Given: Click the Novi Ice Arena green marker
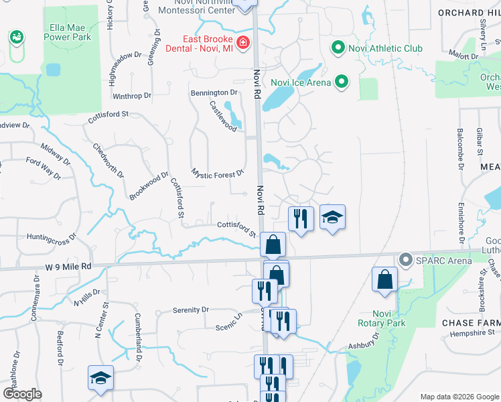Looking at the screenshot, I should [342, 82].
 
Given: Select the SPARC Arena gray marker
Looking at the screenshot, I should [405, 259].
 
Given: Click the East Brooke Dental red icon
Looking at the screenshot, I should [242, 44].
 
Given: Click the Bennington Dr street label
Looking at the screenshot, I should [214, 92].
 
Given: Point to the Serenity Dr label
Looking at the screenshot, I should [190, 310].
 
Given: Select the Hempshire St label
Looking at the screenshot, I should [472, 333].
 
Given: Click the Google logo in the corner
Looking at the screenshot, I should [22, 394].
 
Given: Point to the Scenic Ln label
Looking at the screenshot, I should [228, 322].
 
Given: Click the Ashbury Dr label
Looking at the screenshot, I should [363, 341].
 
